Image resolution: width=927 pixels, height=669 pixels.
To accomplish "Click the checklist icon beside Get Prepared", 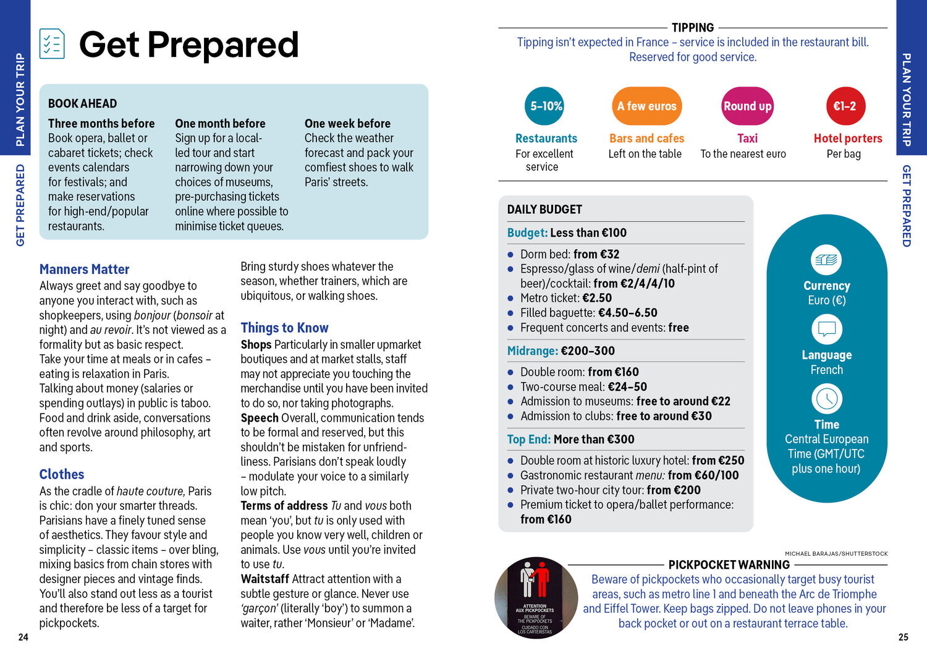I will click(x=52, y=44).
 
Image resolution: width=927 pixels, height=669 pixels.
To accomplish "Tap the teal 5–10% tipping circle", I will click(x=546, y=106).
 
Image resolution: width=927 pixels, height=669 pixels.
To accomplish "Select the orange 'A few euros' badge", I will click(x=646, y=106).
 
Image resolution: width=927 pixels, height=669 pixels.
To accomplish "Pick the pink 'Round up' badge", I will click(x=747, y=106).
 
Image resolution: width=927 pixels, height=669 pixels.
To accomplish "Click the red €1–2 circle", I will click(x=845, y=106).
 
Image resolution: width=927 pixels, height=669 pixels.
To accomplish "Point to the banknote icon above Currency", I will click(x=826, y=260).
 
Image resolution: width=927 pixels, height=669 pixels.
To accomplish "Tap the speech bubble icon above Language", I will click(x=826, y=329).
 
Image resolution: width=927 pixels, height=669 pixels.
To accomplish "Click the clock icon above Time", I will click(x=826, y=399).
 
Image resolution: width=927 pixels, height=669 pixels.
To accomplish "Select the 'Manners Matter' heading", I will click(x=85, y=270).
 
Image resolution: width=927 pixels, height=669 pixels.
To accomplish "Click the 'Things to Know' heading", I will click(x=284, y=328).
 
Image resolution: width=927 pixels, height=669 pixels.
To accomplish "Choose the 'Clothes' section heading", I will click(x=62, y=474).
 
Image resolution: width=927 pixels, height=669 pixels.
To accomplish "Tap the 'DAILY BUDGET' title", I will click(x=544, y=210).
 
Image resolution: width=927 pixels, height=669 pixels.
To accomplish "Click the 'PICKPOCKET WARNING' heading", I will click(x=729, y=565).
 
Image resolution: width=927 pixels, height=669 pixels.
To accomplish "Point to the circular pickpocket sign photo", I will click(x=536, y=597).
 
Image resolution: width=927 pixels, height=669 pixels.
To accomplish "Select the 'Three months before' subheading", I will click(x=101, y=124).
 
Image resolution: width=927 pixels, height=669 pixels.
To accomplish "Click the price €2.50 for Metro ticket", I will click(x=597, y=298).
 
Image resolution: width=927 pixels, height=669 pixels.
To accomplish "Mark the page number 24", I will click(x=23, y=637).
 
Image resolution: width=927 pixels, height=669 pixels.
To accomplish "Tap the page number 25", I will click(x=903, y=637).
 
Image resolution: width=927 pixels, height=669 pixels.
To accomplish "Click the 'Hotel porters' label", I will click(x=848, y=138).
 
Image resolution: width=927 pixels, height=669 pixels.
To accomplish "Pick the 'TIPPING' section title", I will click(x=693, y=28).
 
